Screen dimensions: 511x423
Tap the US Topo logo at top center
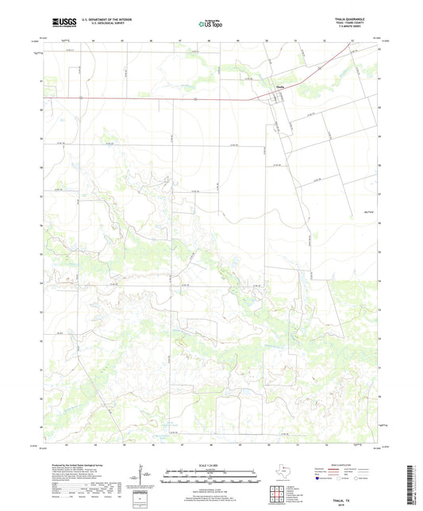211,25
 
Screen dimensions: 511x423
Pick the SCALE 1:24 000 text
211,466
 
